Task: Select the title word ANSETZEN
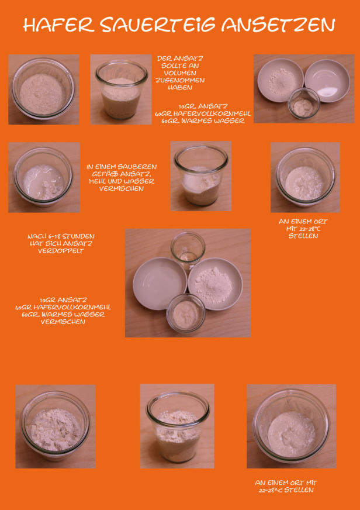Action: (278, 25)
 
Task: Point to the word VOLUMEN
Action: (180, 73)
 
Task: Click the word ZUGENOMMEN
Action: (180, 80)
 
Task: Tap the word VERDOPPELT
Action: (61, 251)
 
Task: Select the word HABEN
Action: (180, 88)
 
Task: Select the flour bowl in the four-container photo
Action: (215, 283)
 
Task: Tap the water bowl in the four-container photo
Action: (160, 283)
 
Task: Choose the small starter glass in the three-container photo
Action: (304, 103)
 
